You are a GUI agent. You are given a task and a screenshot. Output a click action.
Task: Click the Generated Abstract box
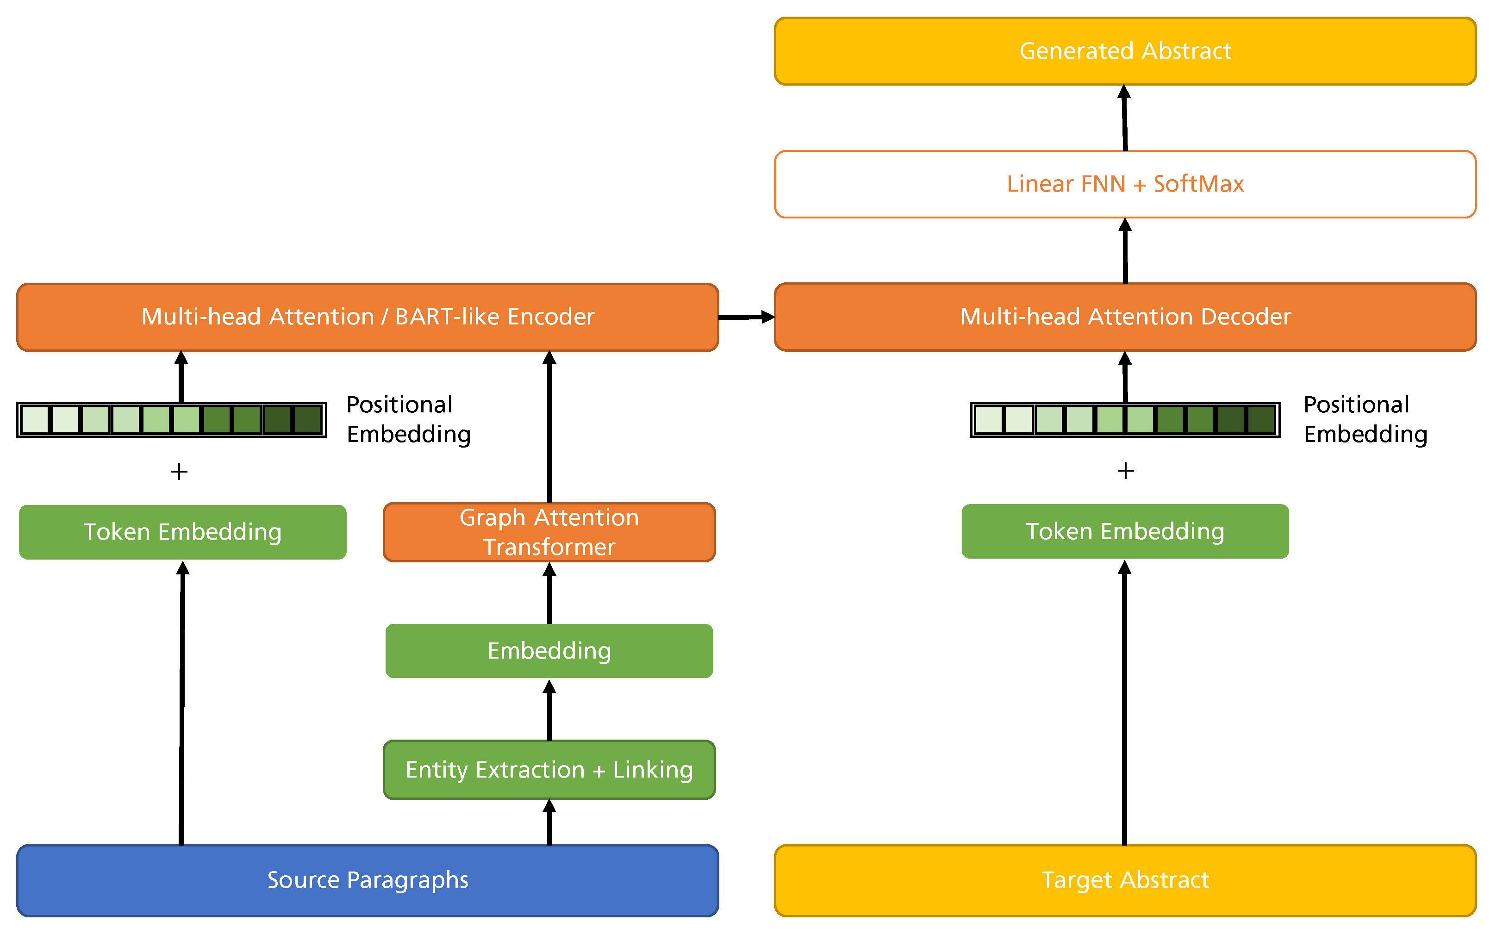(x=1124, y=51)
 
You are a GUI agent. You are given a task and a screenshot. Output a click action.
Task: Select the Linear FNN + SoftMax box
(x=1124, y=184)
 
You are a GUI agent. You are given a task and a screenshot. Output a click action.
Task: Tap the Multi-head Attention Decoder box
(x=1124, y=317)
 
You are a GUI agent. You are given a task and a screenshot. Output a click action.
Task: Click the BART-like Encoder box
(x=368, y=317)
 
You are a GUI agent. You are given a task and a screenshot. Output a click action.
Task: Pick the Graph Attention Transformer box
(x=549, y=532)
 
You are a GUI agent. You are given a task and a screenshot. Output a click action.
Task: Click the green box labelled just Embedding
(x=549, y=650)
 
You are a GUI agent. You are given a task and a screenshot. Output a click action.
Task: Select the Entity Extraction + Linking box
(x=549, y=770)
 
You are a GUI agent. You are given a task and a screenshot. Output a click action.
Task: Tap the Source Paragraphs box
(x=368, y=880)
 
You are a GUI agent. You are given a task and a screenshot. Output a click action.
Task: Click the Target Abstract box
(x=1124, y=880)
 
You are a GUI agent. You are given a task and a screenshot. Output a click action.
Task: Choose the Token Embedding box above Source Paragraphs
(x=182, y=532)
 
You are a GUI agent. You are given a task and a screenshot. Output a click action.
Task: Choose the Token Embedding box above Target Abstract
(x=1124, y=531)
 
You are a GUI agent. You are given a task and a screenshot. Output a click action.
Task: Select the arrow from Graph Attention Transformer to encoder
(x=549, y=426)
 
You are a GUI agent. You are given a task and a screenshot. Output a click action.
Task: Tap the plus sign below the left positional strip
(x=179, y=472)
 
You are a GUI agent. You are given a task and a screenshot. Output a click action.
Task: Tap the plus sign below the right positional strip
(x=1126, y=471)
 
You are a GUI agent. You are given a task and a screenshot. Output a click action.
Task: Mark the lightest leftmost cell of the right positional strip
(x=988, y=420)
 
